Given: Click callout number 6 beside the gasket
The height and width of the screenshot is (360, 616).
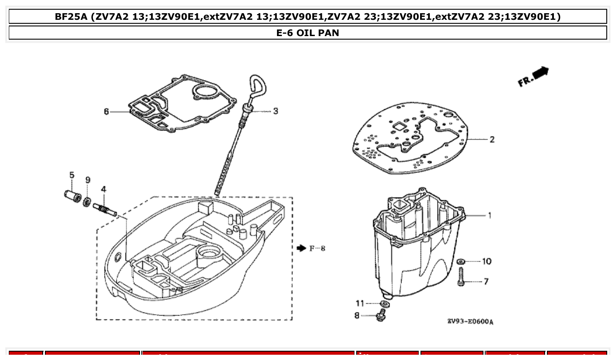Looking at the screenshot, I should point(106,112).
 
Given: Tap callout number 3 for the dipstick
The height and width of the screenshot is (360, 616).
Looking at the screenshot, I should point(276,111).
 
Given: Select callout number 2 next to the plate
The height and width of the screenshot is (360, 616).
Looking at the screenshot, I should point(492,140).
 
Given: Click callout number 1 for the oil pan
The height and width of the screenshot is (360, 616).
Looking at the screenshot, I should point(489,216).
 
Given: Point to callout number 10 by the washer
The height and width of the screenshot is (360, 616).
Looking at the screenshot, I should point(487,261).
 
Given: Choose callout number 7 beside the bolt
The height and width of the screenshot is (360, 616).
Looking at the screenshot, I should point(486,281).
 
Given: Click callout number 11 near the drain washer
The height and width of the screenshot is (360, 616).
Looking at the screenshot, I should point(360,303).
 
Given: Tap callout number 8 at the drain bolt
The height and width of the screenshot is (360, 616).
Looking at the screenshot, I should point(357,315).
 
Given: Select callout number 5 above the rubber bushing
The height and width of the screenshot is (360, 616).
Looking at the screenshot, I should point(72,175).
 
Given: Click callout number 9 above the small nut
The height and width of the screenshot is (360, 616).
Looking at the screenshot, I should point(88,180).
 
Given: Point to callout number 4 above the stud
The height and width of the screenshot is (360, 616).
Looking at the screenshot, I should point(103,189).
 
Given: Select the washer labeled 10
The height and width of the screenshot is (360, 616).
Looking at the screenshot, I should point(461,262).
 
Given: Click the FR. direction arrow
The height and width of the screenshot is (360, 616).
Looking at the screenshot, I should point(534,77).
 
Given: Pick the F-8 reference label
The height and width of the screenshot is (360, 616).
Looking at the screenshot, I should point(317,249).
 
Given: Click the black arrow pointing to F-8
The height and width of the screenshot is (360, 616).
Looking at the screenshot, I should point(301,249).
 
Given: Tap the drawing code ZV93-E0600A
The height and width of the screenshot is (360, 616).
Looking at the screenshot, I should point(470,322).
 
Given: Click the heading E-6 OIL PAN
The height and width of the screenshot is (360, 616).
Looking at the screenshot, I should point(308,33).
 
